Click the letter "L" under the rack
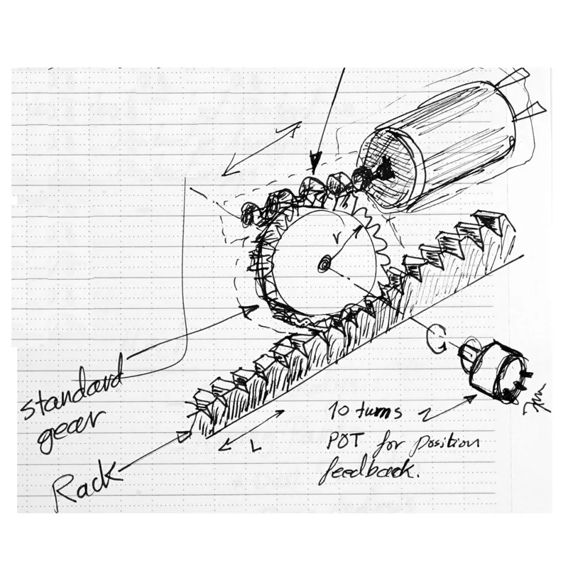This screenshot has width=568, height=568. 257,448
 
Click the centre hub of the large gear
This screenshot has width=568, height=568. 324,264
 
